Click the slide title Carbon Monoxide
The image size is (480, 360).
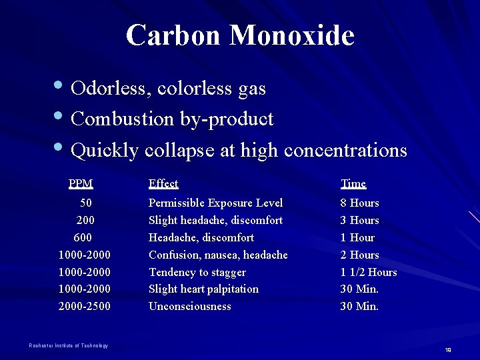point(240,35)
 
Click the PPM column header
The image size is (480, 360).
point(81,183)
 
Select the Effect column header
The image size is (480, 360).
point(163,183)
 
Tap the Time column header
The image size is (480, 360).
point(353,183)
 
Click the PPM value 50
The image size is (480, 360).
point(86,203)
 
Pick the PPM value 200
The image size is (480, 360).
point(85,220)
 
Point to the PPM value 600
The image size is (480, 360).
point(83,237)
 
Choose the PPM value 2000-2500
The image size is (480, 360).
point(85,306)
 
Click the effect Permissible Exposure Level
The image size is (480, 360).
point(215,203)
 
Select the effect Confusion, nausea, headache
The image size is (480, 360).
point(218,255)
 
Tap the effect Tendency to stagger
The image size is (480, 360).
point(197,272)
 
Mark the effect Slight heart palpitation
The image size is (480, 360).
point(203,289)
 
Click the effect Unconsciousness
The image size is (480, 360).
point(189,306)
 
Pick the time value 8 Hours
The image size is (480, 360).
point(359,203)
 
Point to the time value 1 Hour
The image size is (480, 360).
point(357,237)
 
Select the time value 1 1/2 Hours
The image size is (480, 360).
point(368,272)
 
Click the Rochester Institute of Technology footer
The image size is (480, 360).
point(69,345)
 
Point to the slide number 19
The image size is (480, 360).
point(448,350)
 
